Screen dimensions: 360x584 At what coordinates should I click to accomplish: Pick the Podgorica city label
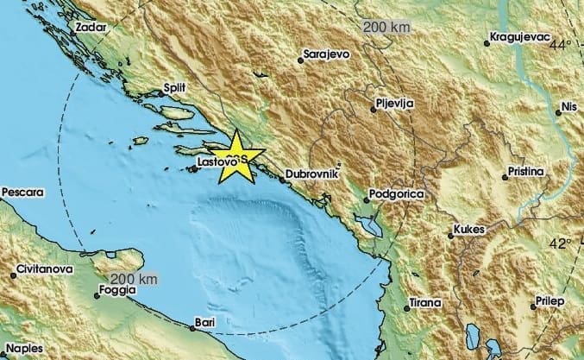pyautogui.click(x=396, y=195)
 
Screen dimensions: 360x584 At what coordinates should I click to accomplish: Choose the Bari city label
pyautogui.click(x=205, y=321)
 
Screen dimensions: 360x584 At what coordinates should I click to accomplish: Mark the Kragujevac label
pyautogui.click(x=519, y=37)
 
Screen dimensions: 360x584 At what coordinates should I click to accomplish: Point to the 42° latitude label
pyautogui.click(x=562, y=243)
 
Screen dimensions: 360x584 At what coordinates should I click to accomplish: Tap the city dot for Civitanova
pyautogui.click(x=14, y=275)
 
